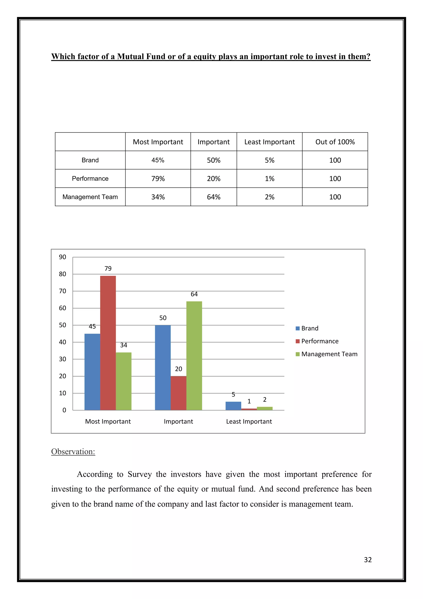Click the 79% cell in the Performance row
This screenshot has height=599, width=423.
click(x=158, y=179)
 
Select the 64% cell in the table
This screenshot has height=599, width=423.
click(x=214, y=197)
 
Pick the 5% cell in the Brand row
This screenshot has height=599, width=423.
click(x=269, y=160)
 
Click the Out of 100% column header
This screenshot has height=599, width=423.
click(x=335, y=142)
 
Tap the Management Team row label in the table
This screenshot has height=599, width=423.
click(x=90, y=197)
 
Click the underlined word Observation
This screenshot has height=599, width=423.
click(x=73, y=452)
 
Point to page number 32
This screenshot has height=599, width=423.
click(x=367, y=560)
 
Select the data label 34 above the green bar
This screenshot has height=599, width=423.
click(x=124, y=345)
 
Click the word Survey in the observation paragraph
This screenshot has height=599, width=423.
click(x=140, y=474)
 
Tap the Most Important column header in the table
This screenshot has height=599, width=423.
click(x=158, y=142)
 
